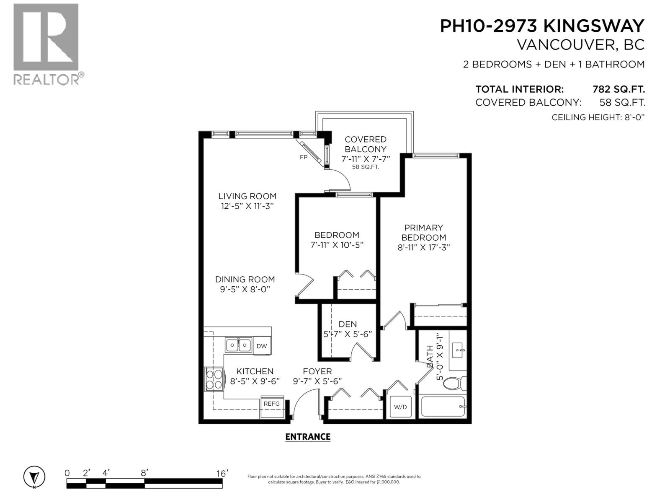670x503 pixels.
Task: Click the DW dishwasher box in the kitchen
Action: coord(262,346)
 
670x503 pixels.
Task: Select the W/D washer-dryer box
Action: coord(401,407)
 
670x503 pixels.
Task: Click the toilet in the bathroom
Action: coord(454,383)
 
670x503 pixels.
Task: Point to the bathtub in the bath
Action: coord(443,407)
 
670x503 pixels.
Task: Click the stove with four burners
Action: coord(214,379)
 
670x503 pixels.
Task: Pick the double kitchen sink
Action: coord(238,345)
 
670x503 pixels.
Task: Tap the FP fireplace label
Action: coord(304,157)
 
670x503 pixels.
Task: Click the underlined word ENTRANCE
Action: coord(308,437)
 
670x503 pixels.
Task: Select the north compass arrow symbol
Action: coord(34,477)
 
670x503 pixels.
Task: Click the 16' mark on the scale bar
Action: coord(222,473)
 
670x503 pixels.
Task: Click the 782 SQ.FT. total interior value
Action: coord(618,89)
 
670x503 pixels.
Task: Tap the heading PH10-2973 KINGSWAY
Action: coord(542,26)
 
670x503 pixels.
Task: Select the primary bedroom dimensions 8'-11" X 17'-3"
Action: coord(423,247)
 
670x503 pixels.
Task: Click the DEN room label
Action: coord(348,324)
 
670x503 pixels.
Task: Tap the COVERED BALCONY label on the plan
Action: coord(365,144)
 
